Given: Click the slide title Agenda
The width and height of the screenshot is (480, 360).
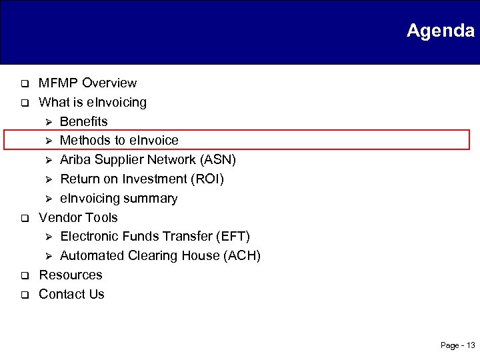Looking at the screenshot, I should click(x=440, y=31).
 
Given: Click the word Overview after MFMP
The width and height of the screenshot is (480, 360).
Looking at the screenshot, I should click(x=108, y=83).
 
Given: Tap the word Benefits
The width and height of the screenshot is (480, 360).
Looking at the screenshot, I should click(x=83, y=121).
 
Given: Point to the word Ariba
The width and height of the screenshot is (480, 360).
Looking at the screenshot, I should click(x=76, y=160).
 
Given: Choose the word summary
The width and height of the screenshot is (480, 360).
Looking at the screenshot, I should click(x=155, y=199).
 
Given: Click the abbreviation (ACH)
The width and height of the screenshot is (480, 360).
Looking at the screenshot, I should click(x=243, y=256).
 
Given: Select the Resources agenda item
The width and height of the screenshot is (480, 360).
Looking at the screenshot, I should click(x=71, y=275).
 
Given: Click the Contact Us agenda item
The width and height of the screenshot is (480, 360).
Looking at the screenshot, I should click(x=71, y=295).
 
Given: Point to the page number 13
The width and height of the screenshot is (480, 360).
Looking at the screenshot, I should click(x=470, y=345).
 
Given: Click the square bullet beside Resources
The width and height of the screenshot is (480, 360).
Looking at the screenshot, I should click(x=21, y=275).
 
